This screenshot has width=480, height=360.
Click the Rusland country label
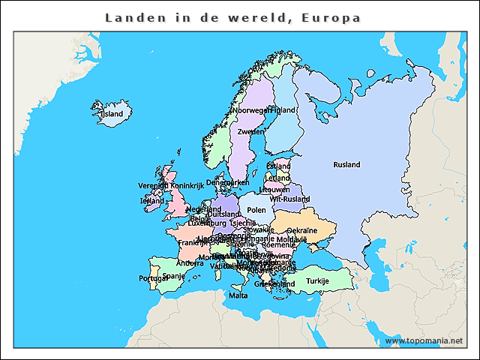point(346,165)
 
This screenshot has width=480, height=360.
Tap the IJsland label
point(112,115)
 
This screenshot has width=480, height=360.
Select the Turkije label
point(317,281)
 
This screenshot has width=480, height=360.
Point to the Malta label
point(238,295)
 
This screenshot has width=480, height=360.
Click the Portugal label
point(153,278)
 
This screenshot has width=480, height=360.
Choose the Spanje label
point(173,276)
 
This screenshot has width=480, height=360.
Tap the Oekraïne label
point(302,230)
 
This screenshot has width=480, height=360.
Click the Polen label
point(256,211)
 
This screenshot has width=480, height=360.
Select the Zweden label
point(250,132)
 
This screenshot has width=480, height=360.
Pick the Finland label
point(283,110)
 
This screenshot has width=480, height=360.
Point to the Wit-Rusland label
point(289,199)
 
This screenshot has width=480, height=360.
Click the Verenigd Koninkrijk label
point(171,185)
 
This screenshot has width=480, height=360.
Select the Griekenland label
point(274,285)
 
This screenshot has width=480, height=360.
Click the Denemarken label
point(227,182)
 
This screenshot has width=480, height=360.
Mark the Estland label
point(279,166)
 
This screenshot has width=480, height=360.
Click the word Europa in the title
point(331,17)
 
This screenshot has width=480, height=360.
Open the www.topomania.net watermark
point(424,341)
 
